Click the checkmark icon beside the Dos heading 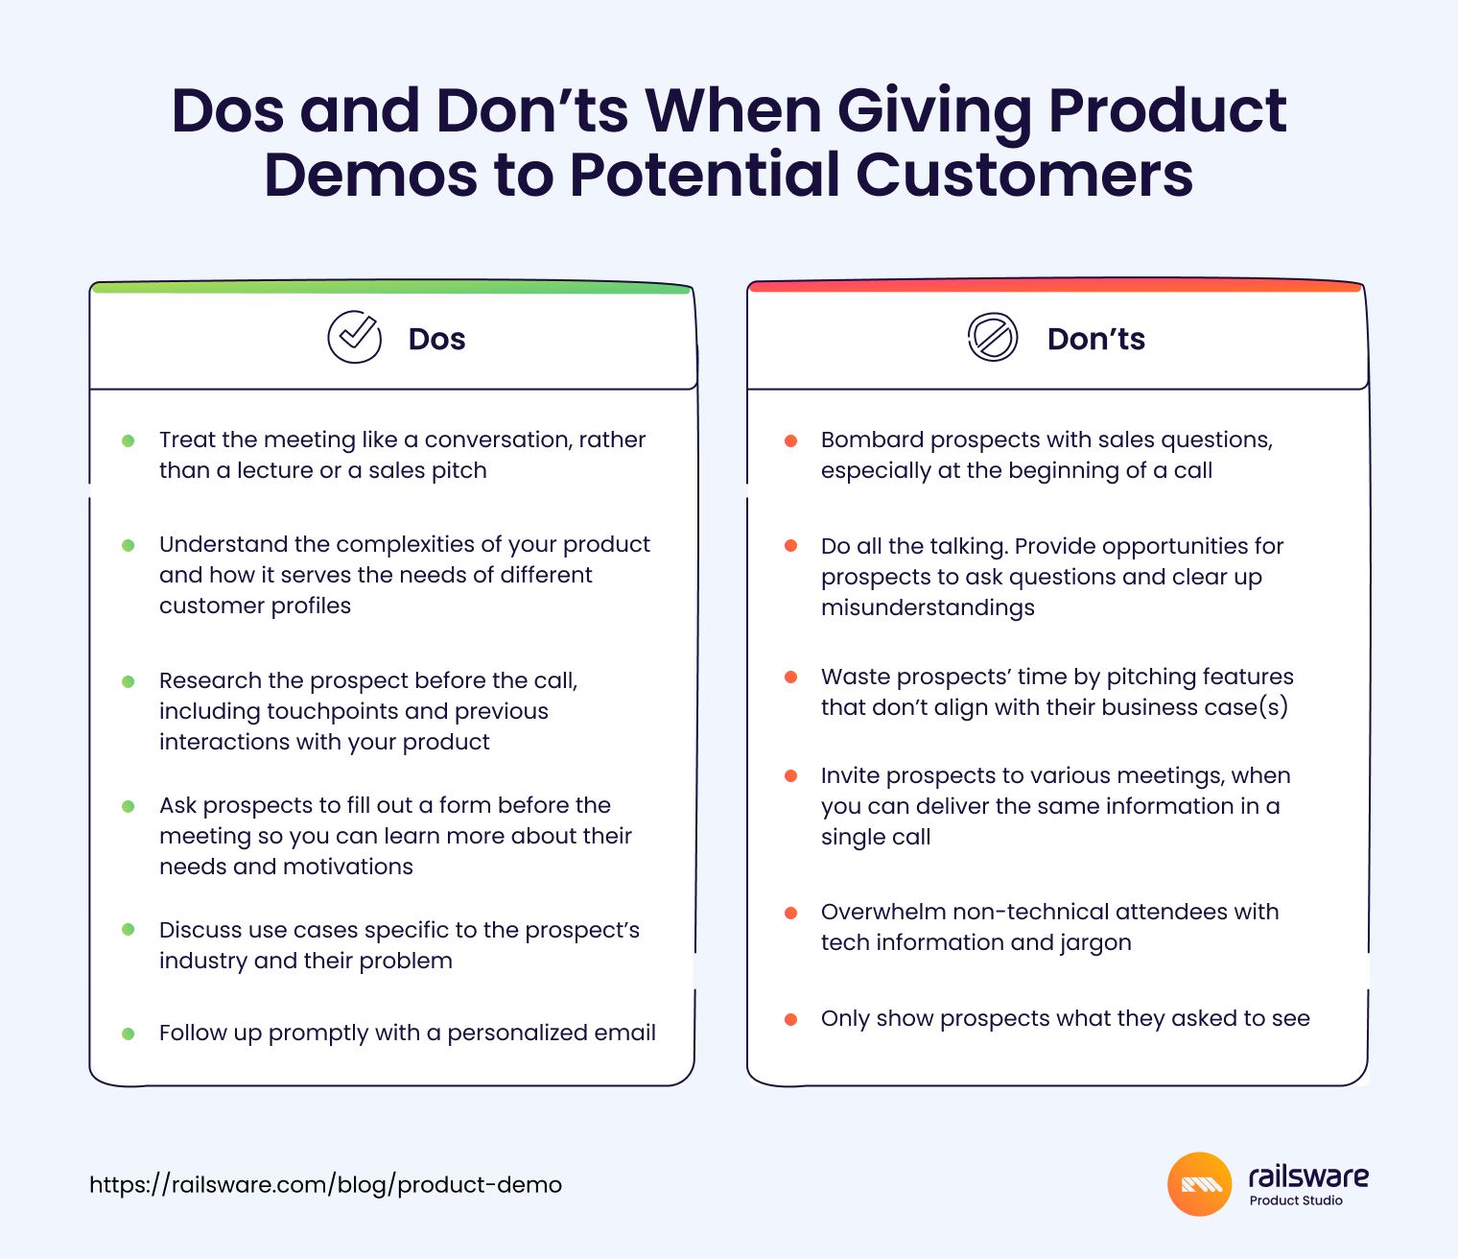click(x=355, y=337)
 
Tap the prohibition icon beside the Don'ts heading click(x=993, y=337)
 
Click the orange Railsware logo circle click(x=1199, y=1184)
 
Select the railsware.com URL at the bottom click(x=325, y=1184)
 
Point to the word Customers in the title click(x=1024, y=175)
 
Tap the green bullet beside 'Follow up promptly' click(x=129, y=1033)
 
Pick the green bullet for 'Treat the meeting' click(x=129, y=440)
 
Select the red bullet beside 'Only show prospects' click(x=790, y=1019)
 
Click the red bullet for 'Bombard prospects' click(x=790, y=440)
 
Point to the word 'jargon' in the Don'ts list click(x=1095, y=943)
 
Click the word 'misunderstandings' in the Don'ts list click(x=928, y=607)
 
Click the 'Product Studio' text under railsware click(x=1296, y=1200)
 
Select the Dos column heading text click(x=436, y=339)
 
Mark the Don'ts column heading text click(x=1095, y=339)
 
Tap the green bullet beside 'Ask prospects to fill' click(x=129, y=806)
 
